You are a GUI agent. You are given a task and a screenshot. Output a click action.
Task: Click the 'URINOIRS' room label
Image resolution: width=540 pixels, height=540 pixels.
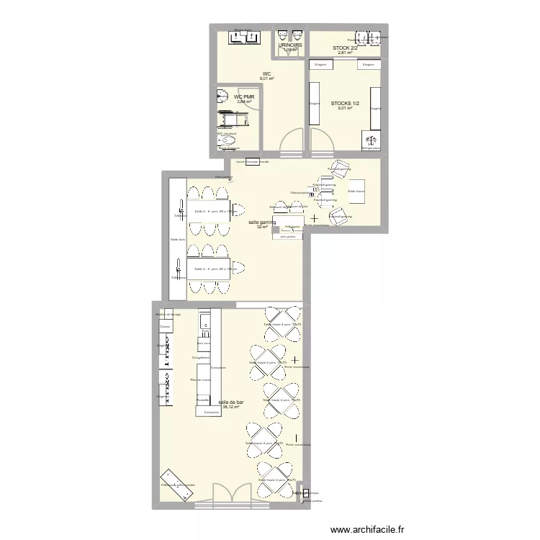tap(290, 45)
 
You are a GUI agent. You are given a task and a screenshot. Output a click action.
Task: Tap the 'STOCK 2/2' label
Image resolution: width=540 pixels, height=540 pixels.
tap(345, 48)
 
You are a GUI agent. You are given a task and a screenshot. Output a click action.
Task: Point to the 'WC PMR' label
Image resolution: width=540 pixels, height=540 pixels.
tap(244, 96)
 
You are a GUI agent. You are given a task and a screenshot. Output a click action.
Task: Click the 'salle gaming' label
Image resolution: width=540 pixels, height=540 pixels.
tap(262, 222)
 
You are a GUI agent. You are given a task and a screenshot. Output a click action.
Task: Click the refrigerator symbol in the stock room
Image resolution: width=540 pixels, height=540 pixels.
tap(372, 142)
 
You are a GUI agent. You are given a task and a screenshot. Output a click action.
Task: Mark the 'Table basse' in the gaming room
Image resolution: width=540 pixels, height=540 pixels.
tap(356, 192)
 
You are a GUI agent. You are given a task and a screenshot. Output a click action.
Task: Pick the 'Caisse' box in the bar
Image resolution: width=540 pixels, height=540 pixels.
tap(166, 327)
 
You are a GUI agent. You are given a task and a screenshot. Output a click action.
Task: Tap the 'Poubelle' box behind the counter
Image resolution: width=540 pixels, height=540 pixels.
tap(203, 398)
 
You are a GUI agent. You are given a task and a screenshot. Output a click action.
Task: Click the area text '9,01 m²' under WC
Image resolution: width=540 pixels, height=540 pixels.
tap(266, 79)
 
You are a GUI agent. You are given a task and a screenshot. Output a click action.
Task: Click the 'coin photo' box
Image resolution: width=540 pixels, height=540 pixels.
tap(287, 235)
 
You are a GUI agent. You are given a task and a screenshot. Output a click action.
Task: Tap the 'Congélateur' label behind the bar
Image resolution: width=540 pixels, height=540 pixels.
tap(201, 357)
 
